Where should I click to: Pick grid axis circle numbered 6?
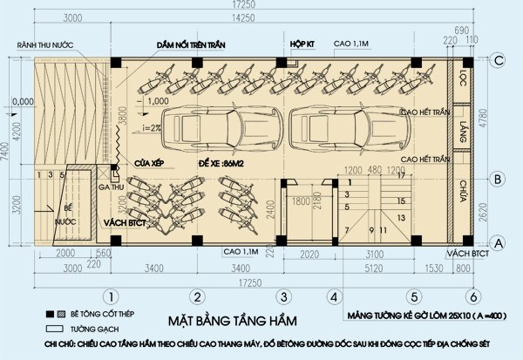point(472,295)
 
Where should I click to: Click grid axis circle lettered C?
point(499,60)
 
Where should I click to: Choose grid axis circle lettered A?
point(499,241)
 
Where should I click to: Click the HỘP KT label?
point(302,42)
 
